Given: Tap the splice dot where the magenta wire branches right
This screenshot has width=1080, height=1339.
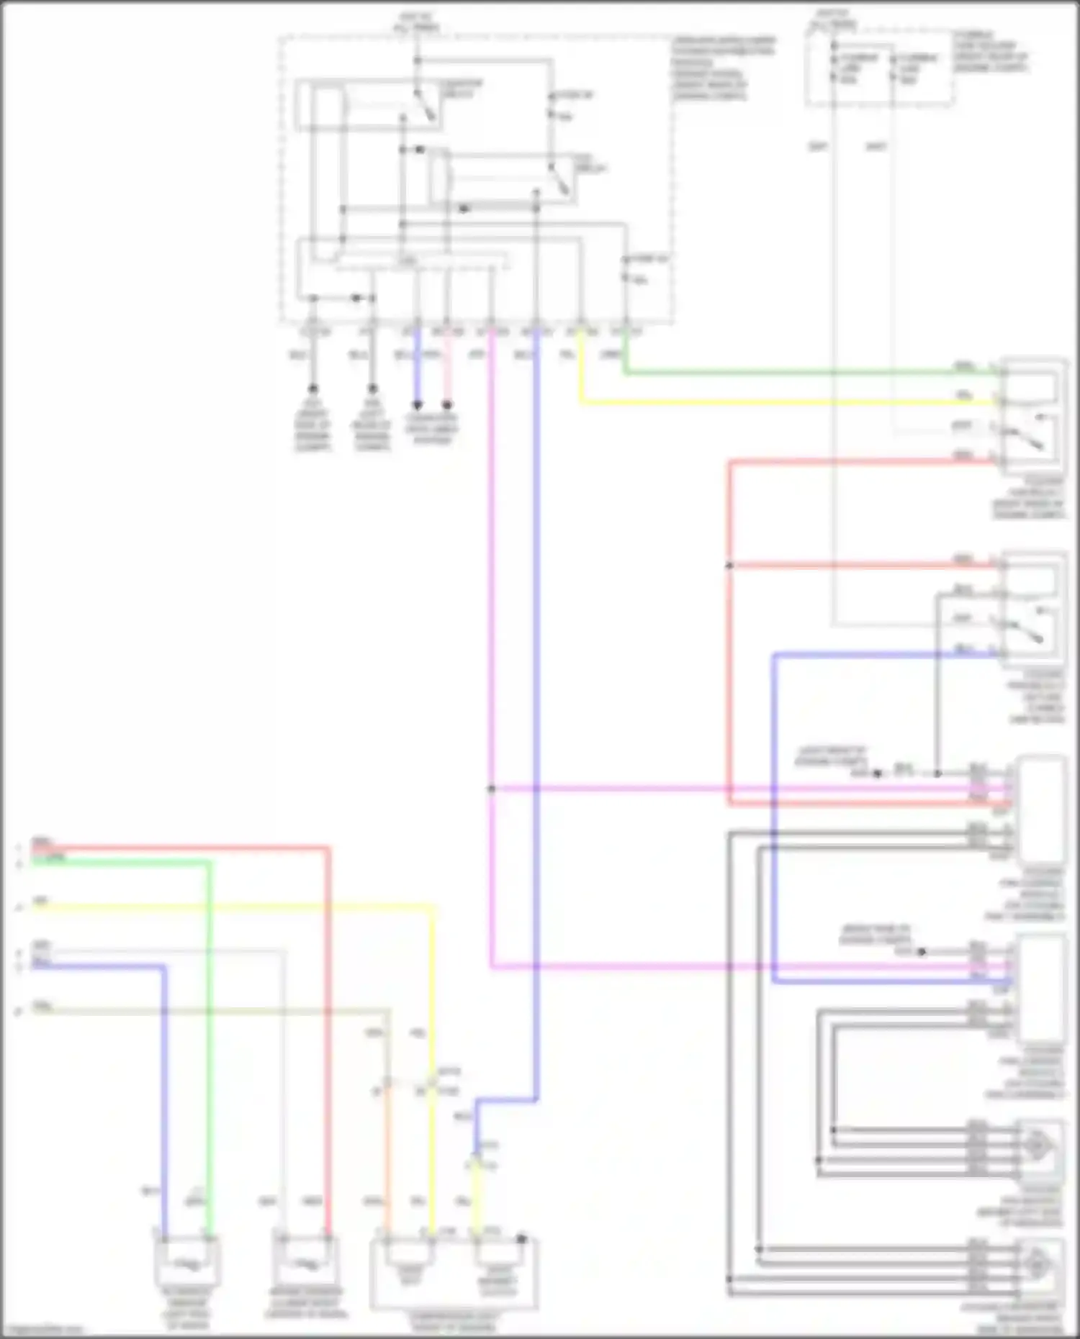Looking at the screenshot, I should coord(492,789).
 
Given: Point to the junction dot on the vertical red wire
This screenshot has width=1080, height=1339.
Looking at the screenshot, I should coord(729,566).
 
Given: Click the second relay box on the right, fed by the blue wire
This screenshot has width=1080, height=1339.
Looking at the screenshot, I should coord(1033,608).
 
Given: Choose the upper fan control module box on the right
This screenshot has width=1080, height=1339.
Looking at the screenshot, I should coord(1041,809).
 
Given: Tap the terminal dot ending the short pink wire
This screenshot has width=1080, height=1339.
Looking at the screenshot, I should coord(447,405).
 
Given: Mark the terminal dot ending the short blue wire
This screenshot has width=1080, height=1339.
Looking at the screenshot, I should coord(417,405).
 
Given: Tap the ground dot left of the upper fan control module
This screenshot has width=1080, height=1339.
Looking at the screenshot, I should coord(877,773).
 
